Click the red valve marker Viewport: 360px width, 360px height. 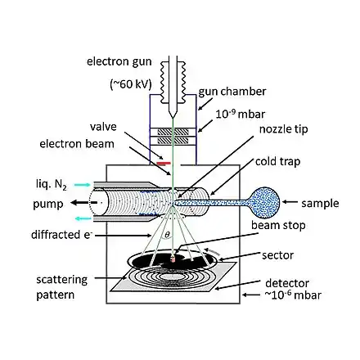coord(164,164)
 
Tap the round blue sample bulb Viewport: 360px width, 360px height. coord(263,202)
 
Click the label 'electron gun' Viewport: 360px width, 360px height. coord(119,61)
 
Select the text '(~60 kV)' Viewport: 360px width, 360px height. coord(131,84)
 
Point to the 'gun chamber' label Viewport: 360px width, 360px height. coord(232,92)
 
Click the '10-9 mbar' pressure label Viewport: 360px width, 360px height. coord(241,114)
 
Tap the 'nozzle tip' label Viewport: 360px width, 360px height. coord(283,129)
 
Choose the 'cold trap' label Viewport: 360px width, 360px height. coord(277,161)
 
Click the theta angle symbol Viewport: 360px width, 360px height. coord(167,234)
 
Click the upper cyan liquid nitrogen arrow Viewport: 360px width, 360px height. coord(83,185)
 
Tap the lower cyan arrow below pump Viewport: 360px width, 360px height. coord(83,218)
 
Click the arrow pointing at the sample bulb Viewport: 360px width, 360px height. coord(290,202)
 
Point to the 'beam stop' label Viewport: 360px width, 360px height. coord(278,226)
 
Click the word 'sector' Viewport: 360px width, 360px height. coord(277,255)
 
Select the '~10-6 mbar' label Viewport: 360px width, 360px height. coord(293,295)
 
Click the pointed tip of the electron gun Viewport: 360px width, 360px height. coord(173,118)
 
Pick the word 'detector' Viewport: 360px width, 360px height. coord(287,283)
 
